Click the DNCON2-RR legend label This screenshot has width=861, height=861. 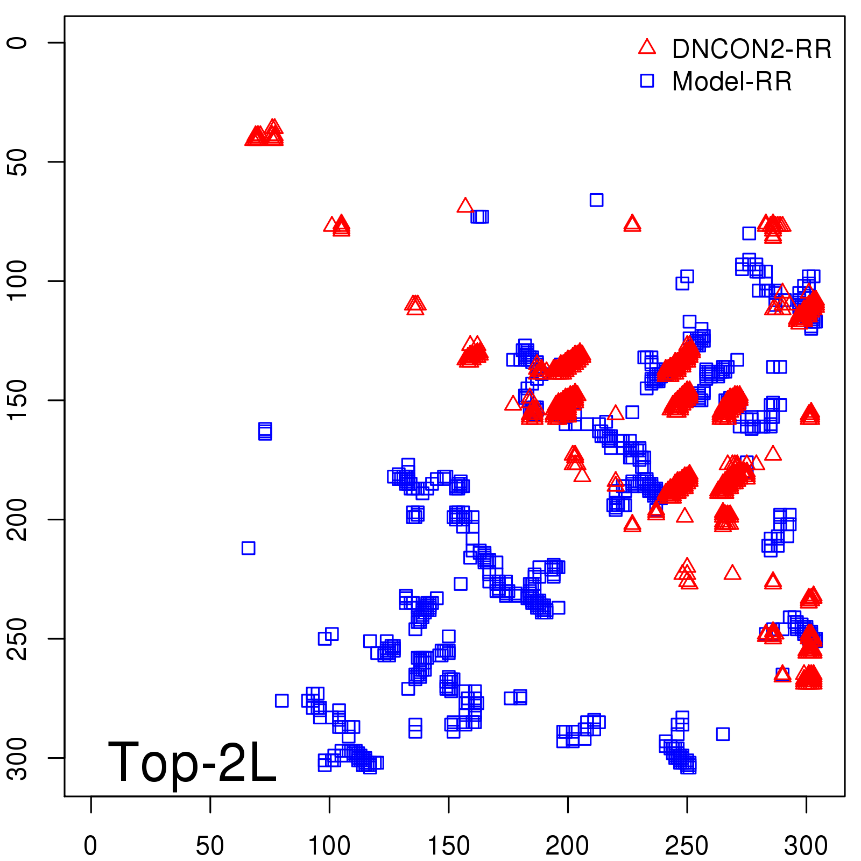tap(752, 49)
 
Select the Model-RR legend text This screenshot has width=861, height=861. tap(732, 82)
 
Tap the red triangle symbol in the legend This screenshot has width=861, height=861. tap(647, 47)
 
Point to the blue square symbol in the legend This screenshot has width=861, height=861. tap(647, 81)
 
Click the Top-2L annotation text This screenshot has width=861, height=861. tap(192, 762)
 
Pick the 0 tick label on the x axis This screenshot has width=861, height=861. tap(90, 845)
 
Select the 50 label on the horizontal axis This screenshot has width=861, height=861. tap(210, 845)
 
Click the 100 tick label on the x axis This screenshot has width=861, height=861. tap(329, 845)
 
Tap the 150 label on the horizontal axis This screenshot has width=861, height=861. tap(448, 845)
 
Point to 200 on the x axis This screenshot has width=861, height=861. tap(567, 845)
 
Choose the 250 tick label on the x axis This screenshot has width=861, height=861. tap(687, 845)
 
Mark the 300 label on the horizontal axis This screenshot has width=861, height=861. tap(806, 845)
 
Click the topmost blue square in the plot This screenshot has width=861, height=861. tap(596, 200)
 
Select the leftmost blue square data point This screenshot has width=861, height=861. tap(248, 548)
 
